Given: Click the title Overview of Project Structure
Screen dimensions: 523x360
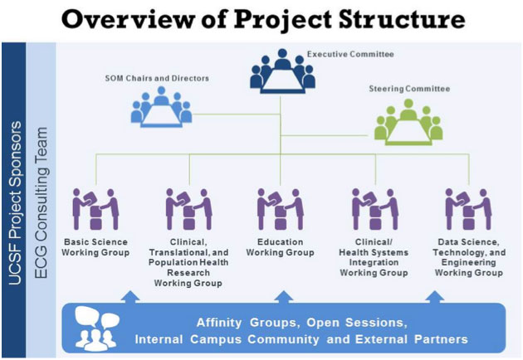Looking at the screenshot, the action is coord(263,19).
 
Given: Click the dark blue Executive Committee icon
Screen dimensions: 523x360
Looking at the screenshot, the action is coord(282,71).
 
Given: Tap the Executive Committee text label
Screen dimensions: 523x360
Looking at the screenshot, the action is coord(350,54).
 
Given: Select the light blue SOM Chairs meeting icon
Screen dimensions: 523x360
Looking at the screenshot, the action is coord(161,107).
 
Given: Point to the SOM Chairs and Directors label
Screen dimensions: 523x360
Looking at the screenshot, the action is coord(157,78).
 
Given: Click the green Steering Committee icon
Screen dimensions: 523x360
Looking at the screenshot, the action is coord(408,122).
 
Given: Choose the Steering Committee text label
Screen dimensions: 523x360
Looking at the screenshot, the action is coord(409,89).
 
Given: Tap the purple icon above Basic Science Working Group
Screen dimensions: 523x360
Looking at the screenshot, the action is coord(95,209).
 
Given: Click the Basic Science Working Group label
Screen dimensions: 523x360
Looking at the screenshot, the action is coord(95,247).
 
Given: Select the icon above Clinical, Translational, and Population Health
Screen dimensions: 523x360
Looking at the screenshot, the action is coord(188,209).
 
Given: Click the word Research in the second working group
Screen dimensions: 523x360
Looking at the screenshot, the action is coord(188,273).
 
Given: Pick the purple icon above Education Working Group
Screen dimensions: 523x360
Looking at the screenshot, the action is coord(281,209).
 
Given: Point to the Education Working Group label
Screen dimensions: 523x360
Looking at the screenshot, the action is coord(281,247).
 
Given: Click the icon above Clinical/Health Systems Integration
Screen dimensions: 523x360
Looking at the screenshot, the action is coord(375,209).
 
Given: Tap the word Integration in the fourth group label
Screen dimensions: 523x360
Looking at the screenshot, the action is coord(374,263).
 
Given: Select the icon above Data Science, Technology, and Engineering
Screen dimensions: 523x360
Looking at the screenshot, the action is coord(468,209).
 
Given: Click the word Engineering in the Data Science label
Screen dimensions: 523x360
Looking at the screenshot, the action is coord(469,263).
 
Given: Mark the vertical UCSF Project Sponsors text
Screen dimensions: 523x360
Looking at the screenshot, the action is coord(15,203).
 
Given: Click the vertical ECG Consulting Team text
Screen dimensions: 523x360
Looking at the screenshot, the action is coord(42,203).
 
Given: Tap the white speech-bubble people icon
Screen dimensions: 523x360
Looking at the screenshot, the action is coord(97,328).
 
